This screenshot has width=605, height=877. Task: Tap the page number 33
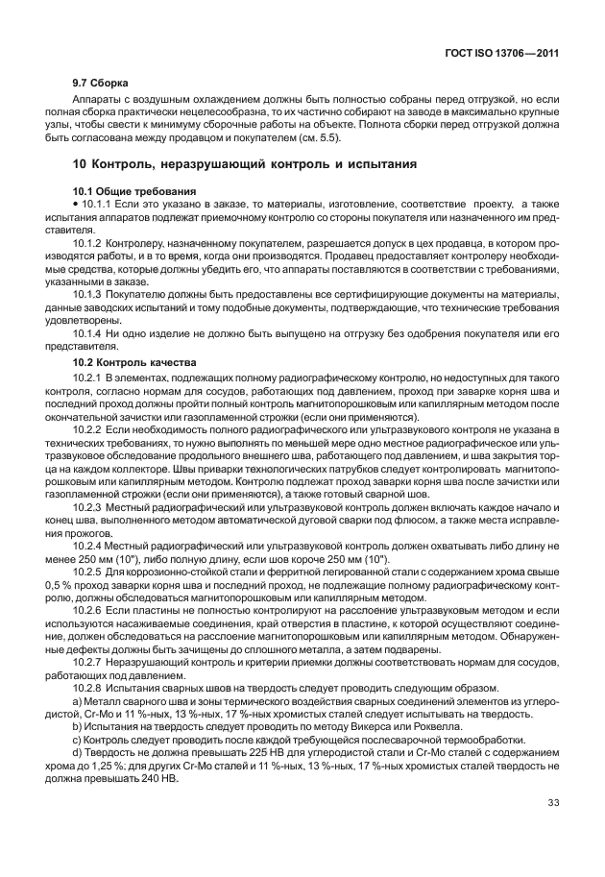click(x=552, y=803)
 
